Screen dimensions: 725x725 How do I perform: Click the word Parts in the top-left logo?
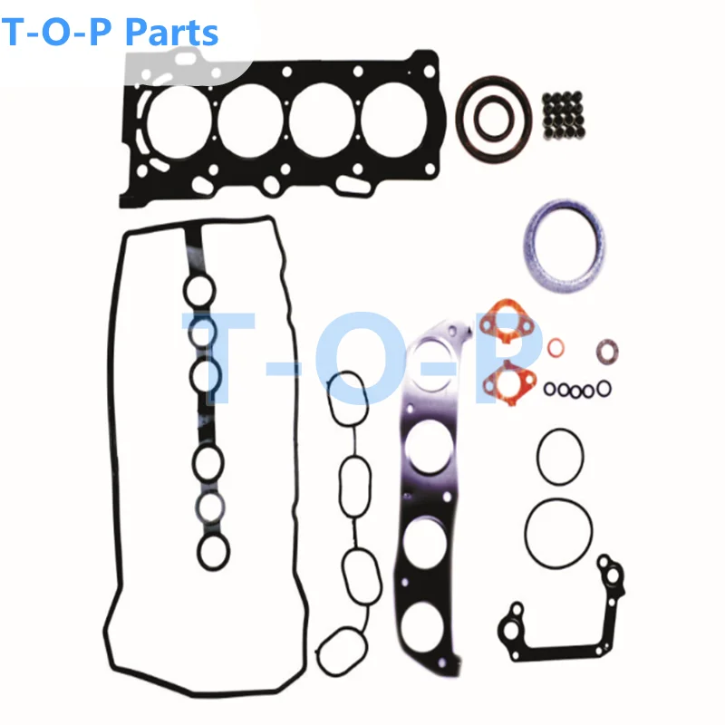coord(171,33)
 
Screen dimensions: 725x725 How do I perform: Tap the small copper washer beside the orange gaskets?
coord(558,348)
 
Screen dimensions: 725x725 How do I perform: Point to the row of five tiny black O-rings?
coord(577,390)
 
